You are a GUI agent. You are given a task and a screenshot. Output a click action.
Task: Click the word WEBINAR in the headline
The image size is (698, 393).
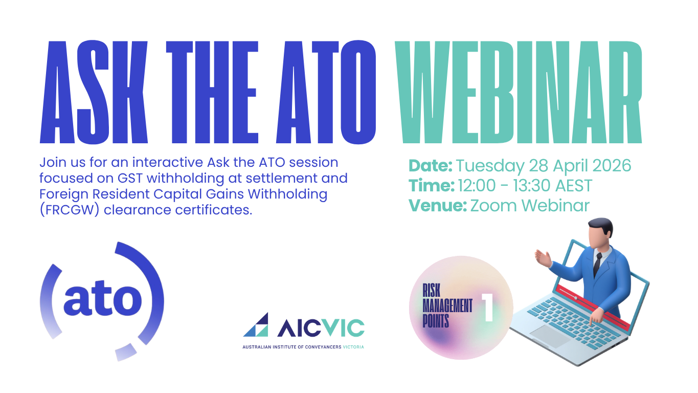(x=519, y=92)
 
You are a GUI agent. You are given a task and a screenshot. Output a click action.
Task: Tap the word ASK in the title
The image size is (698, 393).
(x=94, y=92)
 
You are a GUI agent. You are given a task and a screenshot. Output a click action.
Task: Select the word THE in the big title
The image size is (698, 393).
(x=212, y=92)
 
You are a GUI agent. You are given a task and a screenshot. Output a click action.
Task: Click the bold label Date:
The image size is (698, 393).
(x=431, y=165)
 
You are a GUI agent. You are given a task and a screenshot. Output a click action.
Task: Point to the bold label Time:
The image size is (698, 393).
(x=432, y=185)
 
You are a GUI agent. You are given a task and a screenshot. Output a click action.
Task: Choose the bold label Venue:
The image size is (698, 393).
(x=438, y=205)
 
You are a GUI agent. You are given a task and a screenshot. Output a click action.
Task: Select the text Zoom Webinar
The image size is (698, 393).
(x=530, y=206)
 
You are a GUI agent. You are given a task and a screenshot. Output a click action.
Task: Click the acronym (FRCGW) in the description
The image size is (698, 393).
(x=70, y=210)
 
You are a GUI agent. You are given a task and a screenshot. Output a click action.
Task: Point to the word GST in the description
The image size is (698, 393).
(x=130, y=179)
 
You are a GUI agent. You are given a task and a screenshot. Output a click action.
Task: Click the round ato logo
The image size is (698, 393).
(x=102, y=301)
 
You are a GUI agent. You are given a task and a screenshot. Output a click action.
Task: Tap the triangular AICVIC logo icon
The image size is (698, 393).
(x=256, y=325)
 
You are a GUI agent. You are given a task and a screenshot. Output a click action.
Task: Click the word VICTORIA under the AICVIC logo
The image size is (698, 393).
(x=353, y=347)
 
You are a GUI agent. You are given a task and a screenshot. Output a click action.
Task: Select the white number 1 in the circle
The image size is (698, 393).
(x=488, y=308)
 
